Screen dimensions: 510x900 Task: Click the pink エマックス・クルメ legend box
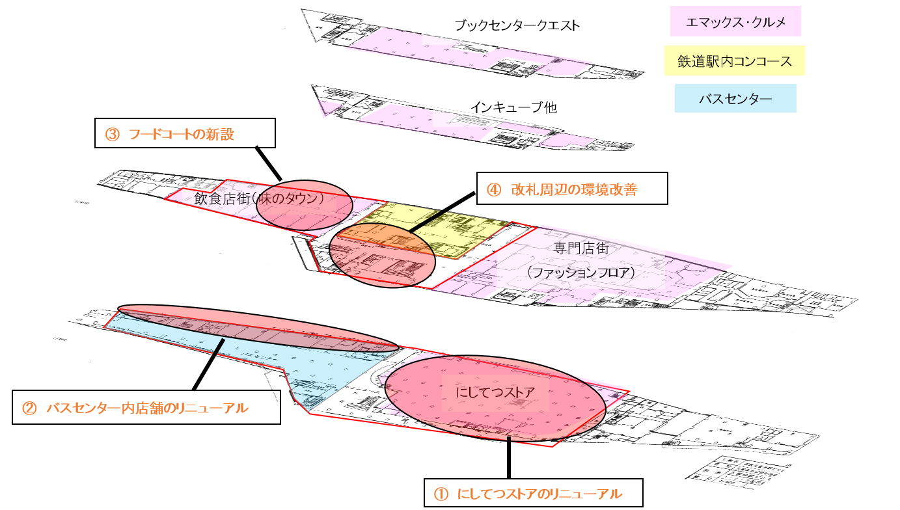(735, 21)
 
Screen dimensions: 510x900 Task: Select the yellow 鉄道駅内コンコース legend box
(735, 60)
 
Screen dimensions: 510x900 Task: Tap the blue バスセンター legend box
(735, 99)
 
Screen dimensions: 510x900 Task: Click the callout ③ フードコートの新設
(185, 133)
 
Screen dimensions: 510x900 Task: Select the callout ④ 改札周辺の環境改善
(572, 189)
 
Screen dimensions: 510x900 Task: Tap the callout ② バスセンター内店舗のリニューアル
(146, 408)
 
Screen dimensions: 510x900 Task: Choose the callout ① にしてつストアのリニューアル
(533, 494)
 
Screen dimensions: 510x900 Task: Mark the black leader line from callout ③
(268, 163)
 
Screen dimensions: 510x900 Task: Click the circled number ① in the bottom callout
(441, 494)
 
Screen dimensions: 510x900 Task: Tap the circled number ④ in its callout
(494, 189)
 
